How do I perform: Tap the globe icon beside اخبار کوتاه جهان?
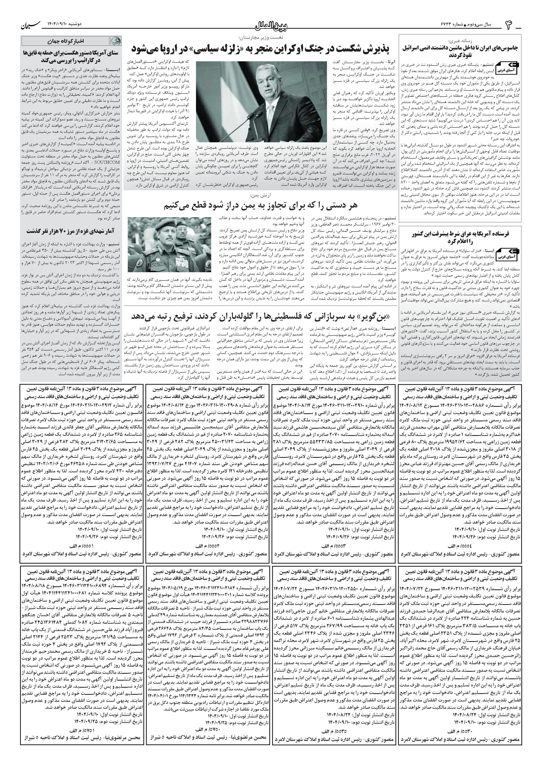click(114, 41)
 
